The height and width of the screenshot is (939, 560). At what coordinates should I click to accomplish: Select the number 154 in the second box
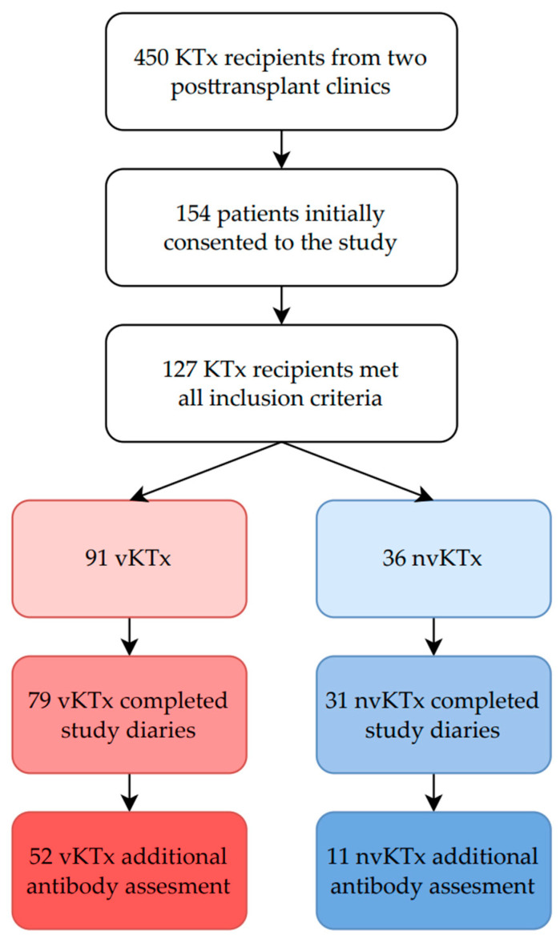tap(193, 214)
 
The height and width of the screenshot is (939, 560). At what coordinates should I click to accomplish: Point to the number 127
tap(179, 370)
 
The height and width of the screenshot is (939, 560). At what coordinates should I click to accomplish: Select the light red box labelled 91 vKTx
tap(129, 559)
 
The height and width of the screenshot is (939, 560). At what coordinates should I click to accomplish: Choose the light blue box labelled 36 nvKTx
tap(433, 559)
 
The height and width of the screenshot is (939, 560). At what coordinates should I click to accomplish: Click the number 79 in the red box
tap(39, 700)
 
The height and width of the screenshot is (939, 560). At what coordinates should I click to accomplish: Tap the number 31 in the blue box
tap(336, 700)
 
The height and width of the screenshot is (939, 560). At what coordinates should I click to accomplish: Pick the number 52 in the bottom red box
tap(41, 857)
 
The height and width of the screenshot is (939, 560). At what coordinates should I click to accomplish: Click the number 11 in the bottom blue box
tap(338, 857)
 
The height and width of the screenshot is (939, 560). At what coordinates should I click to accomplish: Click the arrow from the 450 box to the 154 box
tap(281, 149)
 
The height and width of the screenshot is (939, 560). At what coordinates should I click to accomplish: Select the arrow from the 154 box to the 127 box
tap(281, 305)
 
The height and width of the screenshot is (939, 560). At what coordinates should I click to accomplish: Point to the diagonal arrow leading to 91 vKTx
tap(206, 472)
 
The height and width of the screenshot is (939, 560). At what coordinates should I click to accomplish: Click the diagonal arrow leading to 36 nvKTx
tap(357, 472)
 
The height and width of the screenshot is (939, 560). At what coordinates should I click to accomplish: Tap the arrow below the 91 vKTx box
tap(130, 636)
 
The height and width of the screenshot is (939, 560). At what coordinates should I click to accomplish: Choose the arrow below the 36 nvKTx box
tap(433, 636)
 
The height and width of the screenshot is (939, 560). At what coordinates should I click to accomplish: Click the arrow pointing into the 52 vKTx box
tap(130, 793)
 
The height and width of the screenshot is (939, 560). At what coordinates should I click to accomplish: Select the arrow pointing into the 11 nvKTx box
tap(433, 793)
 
